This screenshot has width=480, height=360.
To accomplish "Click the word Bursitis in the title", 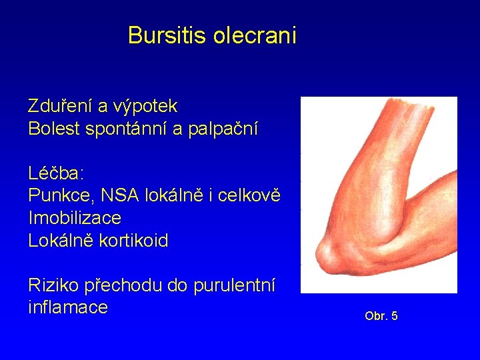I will (x=167, y=35).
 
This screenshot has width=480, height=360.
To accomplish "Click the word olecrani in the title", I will (x=255, y=35).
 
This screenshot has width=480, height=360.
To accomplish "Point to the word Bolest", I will (x=54, y=129).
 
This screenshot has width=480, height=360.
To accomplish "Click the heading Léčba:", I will (x=56, y=174).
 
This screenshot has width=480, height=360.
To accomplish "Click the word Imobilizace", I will (x=75, y=218).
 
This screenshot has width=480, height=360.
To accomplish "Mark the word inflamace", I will (x=67, y=307).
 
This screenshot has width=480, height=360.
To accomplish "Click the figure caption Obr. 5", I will (x=381, y=316).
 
